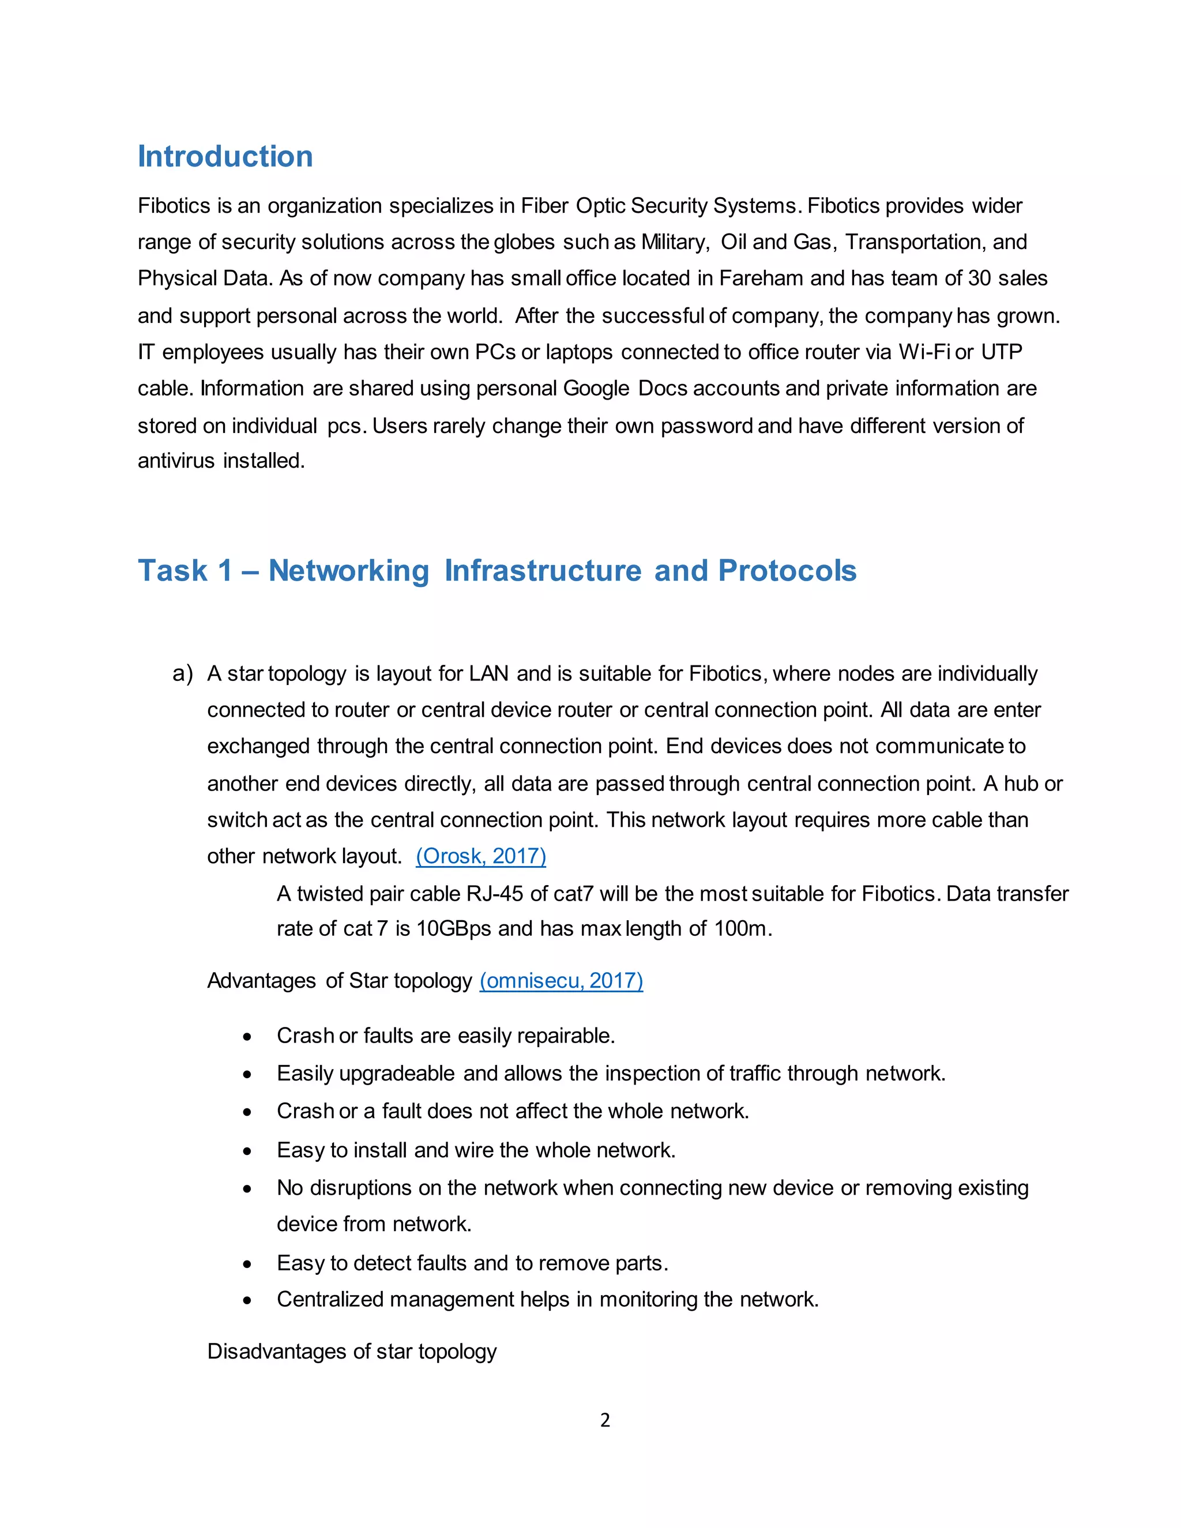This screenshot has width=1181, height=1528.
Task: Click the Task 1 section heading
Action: pyautogui.click(x=497, y=570)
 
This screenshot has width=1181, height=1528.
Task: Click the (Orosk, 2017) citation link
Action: pyautogui.click(x=481, y=856)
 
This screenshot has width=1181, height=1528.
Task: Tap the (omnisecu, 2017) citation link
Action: pyautogui.click(x=561, y=980)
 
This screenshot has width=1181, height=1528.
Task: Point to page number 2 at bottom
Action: pyautogui.click(x=605, y=1420)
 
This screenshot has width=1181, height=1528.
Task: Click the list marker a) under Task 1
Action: pyautogui.click(x=183, y=673)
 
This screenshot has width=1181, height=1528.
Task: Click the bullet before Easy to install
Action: pyautogui.click(x=247, y=1151)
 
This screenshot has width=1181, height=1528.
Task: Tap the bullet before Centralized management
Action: pyautogui.click(x=247, y=1300)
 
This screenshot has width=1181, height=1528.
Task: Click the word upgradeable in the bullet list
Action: pyautogui.click(x=397, y=1073)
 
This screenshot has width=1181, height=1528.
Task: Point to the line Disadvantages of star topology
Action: pyautogui.click(x=352, y=1351)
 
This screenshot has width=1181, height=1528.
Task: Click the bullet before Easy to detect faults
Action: pyautogui.click(x=247, y=1263)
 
